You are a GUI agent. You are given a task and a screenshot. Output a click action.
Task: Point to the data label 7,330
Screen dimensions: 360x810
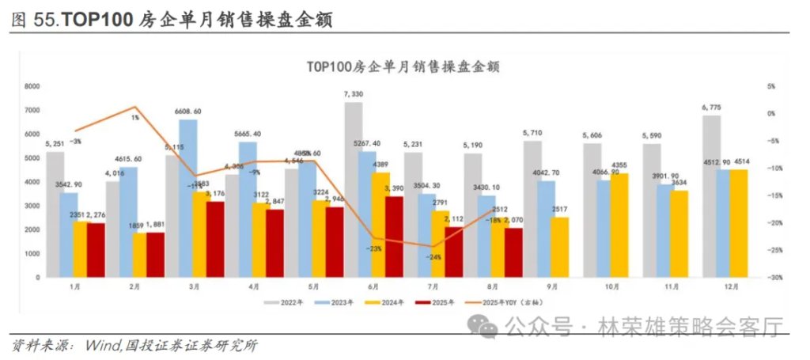(x=354, y=94)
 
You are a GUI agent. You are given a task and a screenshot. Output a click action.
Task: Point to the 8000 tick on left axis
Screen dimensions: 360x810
(x=32, y=86)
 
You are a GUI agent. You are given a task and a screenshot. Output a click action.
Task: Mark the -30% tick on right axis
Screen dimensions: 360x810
(x=775, y=278)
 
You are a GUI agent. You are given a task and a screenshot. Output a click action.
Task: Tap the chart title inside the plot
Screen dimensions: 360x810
(x=403, y=66)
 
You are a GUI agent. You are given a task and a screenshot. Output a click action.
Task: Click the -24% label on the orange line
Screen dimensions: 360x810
(x=433, y=256)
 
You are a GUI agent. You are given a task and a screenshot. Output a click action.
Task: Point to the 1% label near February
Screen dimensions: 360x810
(x=135, y=117)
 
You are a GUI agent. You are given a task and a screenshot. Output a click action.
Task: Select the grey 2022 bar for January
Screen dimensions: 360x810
(x=55, y=214)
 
